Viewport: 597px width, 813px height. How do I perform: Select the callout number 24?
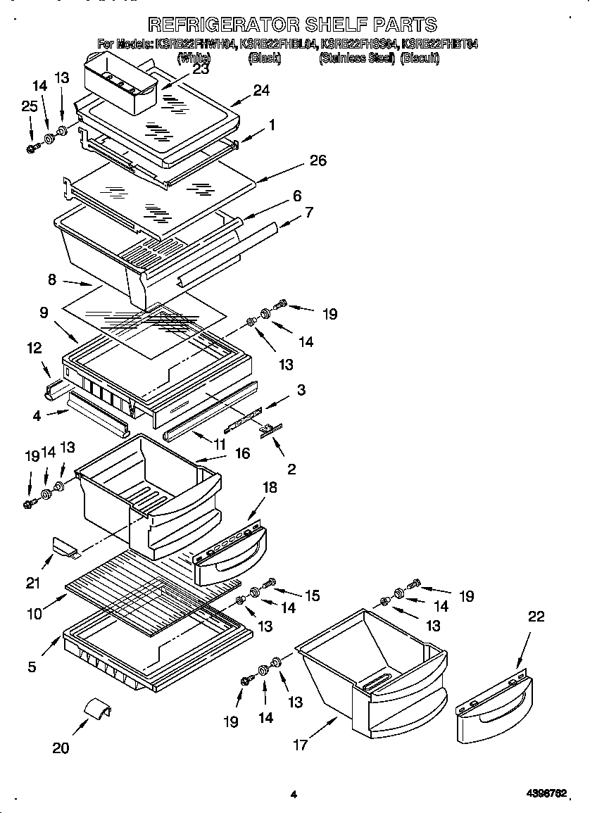coord(261,90)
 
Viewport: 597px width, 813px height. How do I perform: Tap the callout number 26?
coord(318,160)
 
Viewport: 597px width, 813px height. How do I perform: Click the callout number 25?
coord(29,106)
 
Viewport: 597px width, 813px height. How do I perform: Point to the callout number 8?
coord(52,279)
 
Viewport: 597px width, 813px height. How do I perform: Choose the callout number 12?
coord(34,348)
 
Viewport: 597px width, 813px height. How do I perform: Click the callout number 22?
coord(536,617)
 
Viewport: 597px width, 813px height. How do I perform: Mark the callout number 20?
coord(61,748)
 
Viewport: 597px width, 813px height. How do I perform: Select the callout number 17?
coord(301,744)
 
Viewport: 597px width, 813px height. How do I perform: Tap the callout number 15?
coord(312,595)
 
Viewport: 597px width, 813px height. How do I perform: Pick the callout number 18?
coord(269,487)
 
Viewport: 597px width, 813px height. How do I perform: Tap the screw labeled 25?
coord(32,148)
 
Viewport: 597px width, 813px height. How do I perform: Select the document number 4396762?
coord(546,794)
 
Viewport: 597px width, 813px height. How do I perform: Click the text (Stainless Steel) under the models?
coord(357,59)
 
